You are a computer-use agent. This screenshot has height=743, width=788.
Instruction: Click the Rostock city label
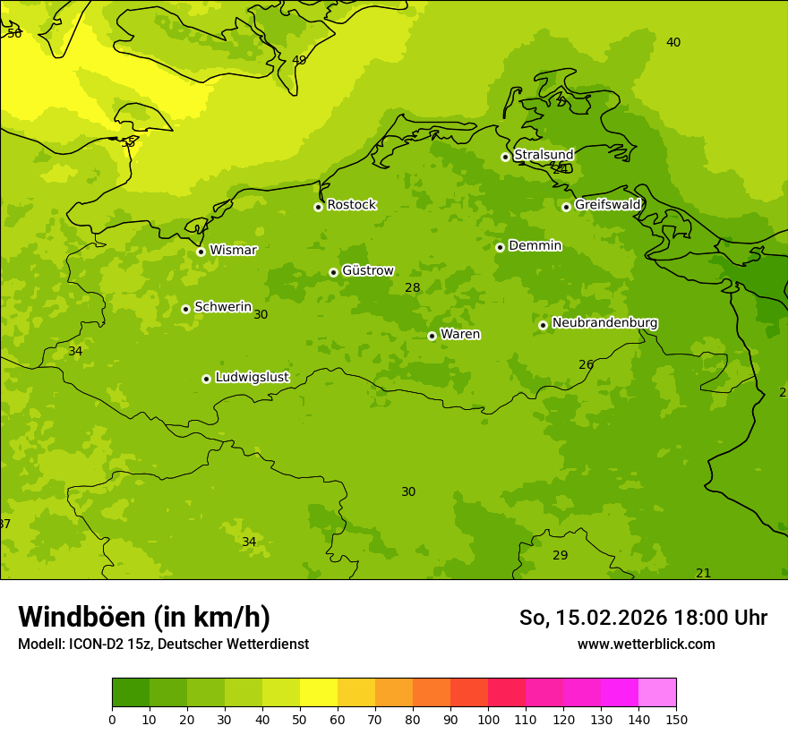(x=351, y=205)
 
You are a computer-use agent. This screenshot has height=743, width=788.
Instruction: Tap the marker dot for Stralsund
(x=505, y=157)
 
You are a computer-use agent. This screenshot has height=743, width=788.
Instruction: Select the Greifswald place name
(x=607, y=205)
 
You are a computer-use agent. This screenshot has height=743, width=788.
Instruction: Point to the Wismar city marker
(x=201, y=252)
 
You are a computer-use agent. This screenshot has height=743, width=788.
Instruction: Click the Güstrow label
(x=367, y=270)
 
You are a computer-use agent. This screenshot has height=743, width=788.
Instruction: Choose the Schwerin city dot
(x=185, y=309)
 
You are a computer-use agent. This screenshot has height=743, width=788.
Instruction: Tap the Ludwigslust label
(x=252, y=378)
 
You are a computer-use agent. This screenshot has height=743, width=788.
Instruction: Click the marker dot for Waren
(x=432, y=336)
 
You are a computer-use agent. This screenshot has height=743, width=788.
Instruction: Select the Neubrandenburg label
(x=604, y=323)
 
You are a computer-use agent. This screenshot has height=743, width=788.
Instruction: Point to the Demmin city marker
(x=500, y=247)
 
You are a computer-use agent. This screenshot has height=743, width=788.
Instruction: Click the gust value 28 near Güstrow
(x=412, y=288)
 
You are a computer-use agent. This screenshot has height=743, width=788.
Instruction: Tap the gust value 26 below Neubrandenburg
(x=586, y=364)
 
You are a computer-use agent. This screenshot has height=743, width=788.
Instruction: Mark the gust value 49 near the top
(x=299, y=60)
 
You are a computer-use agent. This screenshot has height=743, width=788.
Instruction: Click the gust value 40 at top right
(x=673, y=42)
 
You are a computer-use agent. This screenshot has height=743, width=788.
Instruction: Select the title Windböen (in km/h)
(x=144, y=617)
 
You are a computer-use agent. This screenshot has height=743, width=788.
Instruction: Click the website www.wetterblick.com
(x=646, y=644)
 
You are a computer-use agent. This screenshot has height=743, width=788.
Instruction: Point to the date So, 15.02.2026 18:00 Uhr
(x=643, y=618)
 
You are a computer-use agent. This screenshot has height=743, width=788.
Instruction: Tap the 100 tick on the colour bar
(x=488, y=719)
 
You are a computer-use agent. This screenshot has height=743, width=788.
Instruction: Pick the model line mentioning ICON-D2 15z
(x=163, y=644)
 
